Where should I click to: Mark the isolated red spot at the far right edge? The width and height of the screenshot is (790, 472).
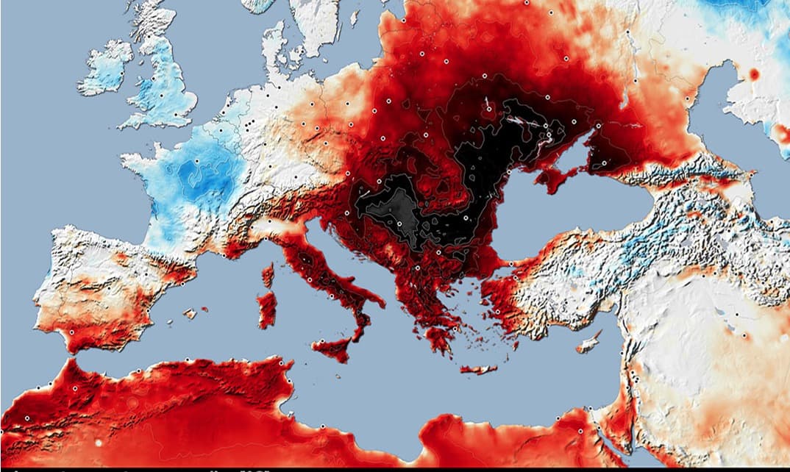pyautogui.click(x=753, y=74)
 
